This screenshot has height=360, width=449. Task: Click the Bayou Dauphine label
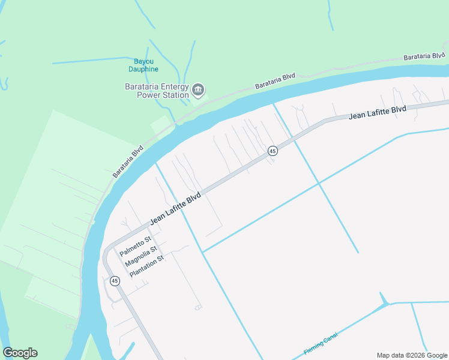[143, 65]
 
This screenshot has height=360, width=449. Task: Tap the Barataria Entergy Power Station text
[157, 91]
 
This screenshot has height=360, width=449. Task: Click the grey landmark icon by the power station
[198, 91]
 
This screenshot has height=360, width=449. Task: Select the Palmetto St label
[134, 245]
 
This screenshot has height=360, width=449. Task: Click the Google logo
[20, 353]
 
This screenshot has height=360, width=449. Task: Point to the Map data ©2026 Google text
[412, 355]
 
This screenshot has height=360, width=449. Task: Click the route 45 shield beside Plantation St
[114, 280]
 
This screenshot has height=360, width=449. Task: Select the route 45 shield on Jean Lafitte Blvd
[273, 151]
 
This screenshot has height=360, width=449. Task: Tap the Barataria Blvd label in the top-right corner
[424, 55]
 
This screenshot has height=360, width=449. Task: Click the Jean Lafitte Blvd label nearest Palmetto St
[175, 209]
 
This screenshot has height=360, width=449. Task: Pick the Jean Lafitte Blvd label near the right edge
[377, 112]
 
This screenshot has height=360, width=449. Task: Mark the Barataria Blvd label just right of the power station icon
[275, 81]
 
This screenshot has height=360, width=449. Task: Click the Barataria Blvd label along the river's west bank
[128, 161]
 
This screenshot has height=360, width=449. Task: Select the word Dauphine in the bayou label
[143, 69]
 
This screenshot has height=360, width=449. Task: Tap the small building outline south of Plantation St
[198, 308]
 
